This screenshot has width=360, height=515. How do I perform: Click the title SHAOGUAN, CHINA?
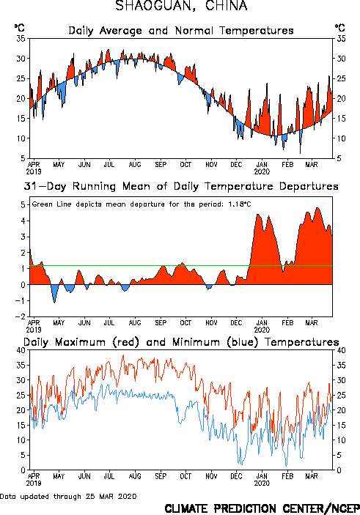coord(181,6)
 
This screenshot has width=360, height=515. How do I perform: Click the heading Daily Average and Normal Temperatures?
coord(181,31)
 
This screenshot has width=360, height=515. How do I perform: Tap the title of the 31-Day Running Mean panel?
coord(181,186)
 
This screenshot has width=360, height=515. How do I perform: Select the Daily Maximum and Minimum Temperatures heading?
coord(181,342)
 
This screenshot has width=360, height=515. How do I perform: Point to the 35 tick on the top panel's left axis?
coord(21,38)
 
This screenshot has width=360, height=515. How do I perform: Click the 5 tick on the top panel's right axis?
coord(339,158)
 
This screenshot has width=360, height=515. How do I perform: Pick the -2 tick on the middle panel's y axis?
coord(20,316)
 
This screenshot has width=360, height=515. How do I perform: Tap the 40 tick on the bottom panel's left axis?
coord(21,350)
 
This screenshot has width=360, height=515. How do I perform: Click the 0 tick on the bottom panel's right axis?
coord(339,470)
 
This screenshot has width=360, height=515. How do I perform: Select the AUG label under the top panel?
coord(135,165)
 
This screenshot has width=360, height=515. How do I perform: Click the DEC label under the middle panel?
coord(236,323)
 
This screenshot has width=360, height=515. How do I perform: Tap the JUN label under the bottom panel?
coord(84,476)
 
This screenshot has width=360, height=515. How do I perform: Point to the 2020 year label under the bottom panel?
coord(262,483)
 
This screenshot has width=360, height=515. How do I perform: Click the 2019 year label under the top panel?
coord(34,171)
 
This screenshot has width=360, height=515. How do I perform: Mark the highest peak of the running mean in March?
coord(317,207)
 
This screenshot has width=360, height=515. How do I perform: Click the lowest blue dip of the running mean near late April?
coord(54,302)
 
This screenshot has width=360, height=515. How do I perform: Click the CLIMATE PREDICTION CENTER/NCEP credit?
coord(262,508)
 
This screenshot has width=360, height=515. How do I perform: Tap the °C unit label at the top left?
coord(20,28)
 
